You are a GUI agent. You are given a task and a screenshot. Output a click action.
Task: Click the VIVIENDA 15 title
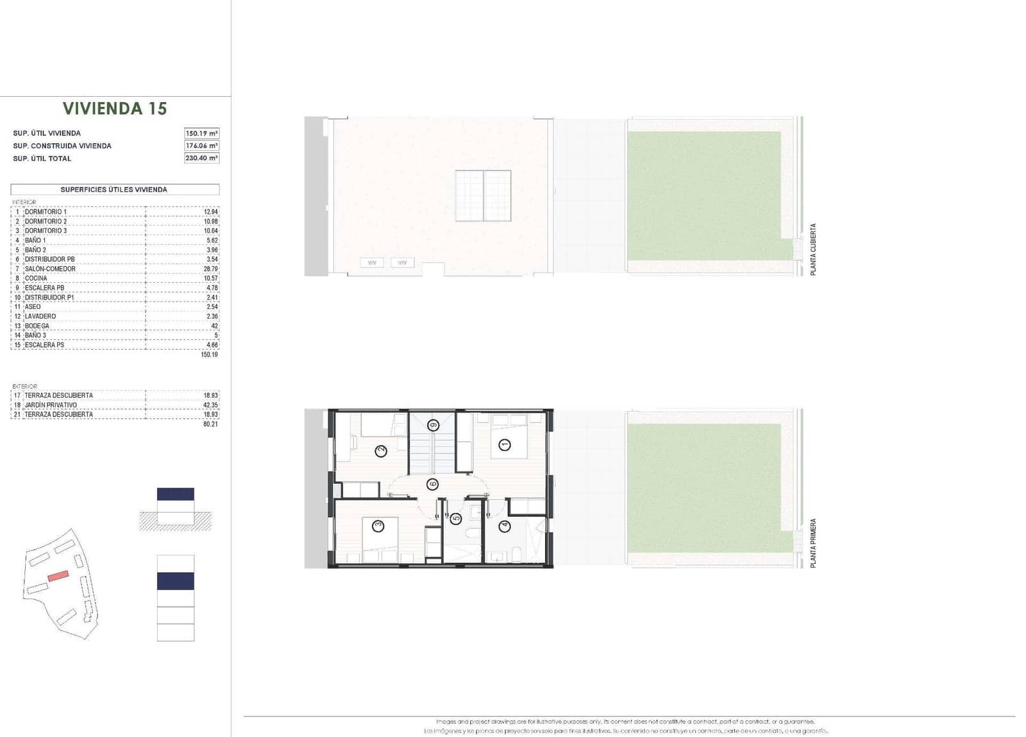click(115, 108)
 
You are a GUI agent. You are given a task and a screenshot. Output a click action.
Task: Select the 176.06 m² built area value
click(201, 146)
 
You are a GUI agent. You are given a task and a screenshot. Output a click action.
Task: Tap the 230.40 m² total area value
click(201, 158)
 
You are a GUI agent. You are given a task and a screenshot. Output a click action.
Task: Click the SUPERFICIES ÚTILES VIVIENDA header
click(114, 189)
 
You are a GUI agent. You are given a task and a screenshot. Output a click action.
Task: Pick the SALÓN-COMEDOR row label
click(50, 269)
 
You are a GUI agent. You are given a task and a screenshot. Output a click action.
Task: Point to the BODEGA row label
click(37, 326)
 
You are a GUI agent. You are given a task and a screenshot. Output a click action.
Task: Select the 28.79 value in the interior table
click(210, 269)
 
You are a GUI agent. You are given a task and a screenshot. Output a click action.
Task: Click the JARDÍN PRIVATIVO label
click(51, 405)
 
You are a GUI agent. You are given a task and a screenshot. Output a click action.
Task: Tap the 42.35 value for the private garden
click(210, 405)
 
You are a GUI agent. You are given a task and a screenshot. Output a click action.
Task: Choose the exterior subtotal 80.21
click(210, 424)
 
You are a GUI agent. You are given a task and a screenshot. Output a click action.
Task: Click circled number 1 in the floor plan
click(505, 445)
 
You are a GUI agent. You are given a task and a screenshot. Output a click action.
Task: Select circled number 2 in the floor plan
click(381, 451)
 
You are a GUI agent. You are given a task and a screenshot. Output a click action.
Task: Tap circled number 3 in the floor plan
click(378, 526)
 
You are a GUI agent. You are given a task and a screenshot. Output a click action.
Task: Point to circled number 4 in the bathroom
click(505, 526)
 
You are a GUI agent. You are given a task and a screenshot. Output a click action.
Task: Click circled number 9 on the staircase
click(433, 425)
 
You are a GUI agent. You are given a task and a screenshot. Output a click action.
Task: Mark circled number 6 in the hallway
click(432, 484)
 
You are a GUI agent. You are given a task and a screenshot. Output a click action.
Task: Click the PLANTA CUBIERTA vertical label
click(813, 250)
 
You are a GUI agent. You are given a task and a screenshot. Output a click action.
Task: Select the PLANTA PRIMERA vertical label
click(813, 543)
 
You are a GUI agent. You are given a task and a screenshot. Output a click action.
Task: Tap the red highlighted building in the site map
click(58, 575)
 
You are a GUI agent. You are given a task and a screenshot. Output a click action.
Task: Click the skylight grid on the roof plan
click(484, 196)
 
